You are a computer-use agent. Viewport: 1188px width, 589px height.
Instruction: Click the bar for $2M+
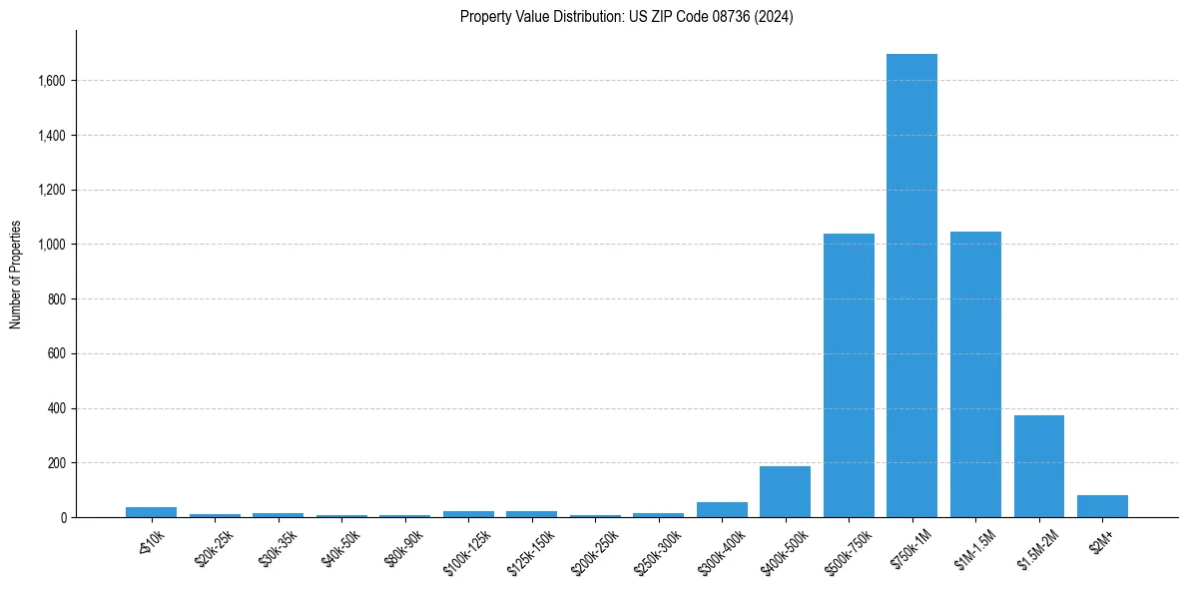[1102, 506]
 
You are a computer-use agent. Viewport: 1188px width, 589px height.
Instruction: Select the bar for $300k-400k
[722, 510]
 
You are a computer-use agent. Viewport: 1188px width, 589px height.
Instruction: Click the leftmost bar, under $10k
[151, 512]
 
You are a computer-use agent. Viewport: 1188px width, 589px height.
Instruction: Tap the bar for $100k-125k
[468, 514]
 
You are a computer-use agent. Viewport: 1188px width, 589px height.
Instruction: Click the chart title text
[626, 17]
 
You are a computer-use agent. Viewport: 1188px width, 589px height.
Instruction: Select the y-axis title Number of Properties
[16, 275]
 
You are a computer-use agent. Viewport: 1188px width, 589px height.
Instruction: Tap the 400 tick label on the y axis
[57, 408]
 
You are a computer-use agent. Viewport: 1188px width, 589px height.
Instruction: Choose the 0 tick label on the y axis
[63, 518]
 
